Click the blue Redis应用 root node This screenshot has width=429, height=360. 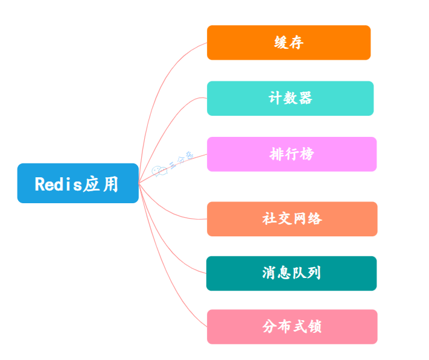[x=78, y=183]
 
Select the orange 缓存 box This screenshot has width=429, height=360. [x=288, y=43]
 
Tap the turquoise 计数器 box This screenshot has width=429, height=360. [x=290, y=98]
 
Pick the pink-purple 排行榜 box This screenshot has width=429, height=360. [x=291, y=154]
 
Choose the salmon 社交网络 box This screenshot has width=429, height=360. [x=292, y=219]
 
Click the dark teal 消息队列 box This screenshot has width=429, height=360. [x=291, y=273]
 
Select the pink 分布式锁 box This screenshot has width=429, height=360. [x=292, y=327]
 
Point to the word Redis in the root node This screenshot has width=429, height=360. [x=58, y=184]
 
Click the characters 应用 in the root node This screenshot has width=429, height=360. [x=101, y=184]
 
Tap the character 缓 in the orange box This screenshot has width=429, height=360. [x=281, y=43]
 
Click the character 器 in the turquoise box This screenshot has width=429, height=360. [x=305, y=98]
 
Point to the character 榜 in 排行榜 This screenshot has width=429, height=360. [x=307, y=154]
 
